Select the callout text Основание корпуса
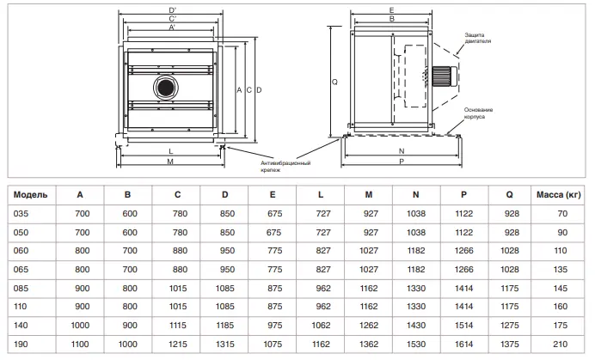pos(479,113)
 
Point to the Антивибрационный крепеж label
pos(285,166)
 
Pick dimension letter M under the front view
pos(170,162)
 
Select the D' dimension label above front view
pos(174,9)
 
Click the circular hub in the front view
pos(163,86)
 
